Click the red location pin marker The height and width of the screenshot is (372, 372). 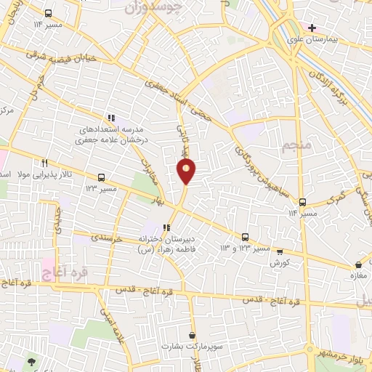187,171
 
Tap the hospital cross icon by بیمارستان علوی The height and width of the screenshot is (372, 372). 312,28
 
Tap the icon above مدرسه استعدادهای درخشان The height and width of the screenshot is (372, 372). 110,117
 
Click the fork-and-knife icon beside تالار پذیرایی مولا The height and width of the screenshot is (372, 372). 45,163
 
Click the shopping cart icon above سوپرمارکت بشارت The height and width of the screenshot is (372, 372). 192,336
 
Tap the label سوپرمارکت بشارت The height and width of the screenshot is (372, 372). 191,347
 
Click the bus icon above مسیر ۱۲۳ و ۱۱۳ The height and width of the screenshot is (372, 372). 245,237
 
